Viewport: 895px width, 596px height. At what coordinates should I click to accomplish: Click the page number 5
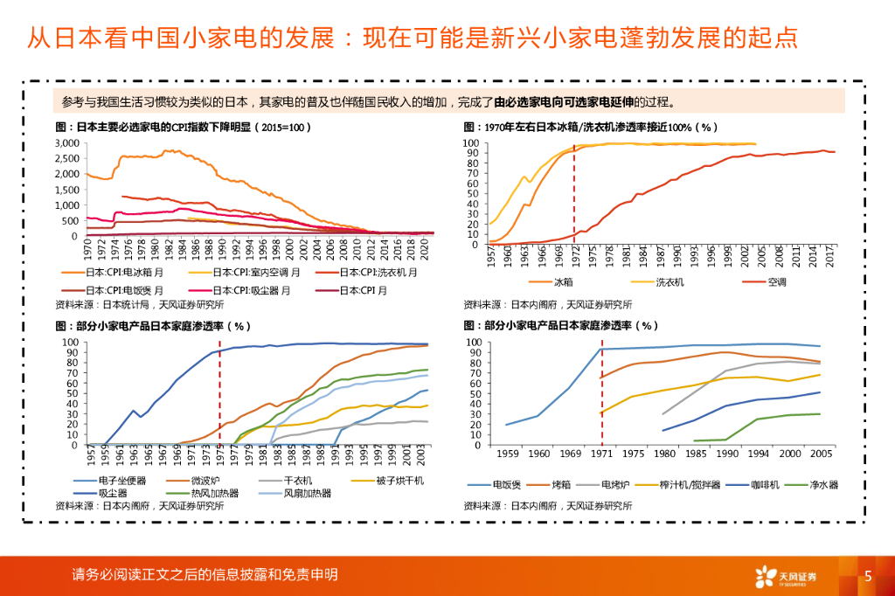[x=868, y=576]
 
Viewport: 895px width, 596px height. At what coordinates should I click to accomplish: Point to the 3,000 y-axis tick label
[x=66, y=142]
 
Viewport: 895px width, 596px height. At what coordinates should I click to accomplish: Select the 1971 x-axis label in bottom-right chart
[x=601, y=454]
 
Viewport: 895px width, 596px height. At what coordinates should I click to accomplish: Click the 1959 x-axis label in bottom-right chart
[x=507, y=454]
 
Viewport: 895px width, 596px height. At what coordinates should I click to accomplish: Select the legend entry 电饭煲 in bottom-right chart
[x=506, y=484]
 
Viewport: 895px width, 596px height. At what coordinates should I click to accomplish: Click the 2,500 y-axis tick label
[x=66, y=158]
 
